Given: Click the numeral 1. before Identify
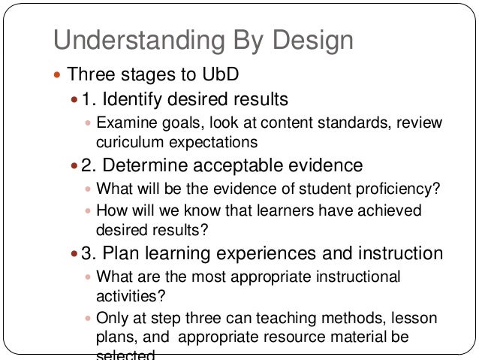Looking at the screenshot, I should click(x=91, y=99).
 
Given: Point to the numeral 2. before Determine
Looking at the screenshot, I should click(x=91, y=165).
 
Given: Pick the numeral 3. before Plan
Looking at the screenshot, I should click(x=91, y=253).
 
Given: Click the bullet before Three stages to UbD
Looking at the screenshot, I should click(x=58, y=75).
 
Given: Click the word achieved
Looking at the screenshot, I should click(x=389, y=210).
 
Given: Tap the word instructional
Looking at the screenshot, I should click(x=355, y=276).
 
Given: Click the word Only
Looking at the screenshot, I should click(x=111, y=318).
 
